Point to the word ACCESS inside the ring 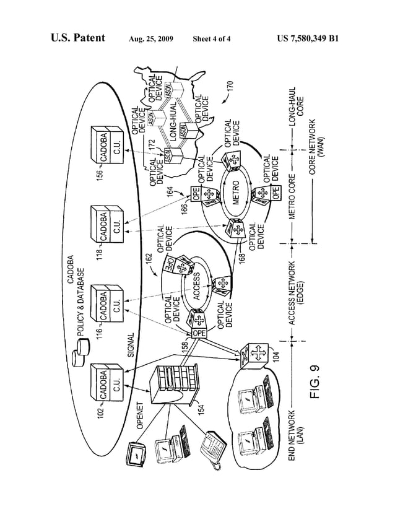(x=196, y=287)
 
